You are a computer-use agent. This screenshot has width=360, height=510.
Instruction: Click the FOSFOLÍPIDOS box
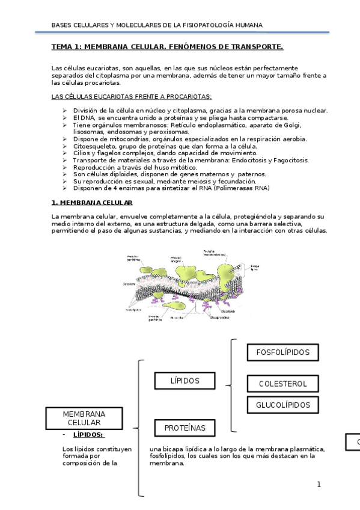pos(282,352)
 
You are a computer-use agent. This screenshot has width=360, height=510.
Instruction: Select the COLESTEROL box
pos(282,384)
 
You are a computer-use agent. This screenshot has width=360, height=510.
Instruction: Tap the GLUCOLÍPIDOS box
pos(283,405)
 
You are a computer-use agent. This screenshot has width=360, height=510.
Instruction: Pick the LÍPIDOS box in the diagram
pos(185,381)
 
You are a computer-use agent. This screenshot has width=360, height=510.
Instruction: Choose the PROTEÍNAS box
pos(185,428)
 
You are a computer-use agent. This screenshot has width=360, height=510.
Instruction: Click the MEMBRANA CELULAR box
pos(84,419)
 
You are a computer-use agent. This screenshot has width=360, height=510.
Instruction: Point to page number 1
pos(319,484)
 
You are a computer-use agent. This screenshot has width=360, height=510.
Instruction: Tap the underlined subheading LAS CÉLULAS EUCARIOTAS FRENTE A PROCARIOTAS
pos(132,96)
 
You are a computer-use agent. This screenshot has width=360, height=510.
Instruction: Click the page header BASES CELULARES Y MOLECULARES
pos(157,25)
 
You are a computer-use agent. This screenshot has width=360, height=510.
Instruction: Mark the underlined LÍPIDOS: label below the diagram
pos(88,434)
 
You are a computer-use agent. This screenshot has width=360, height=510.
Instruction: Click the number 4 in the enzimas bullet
pos(116,188)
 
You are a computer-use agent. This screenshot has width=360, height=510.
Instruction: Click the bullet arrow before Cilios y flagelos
pos(65,153)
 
